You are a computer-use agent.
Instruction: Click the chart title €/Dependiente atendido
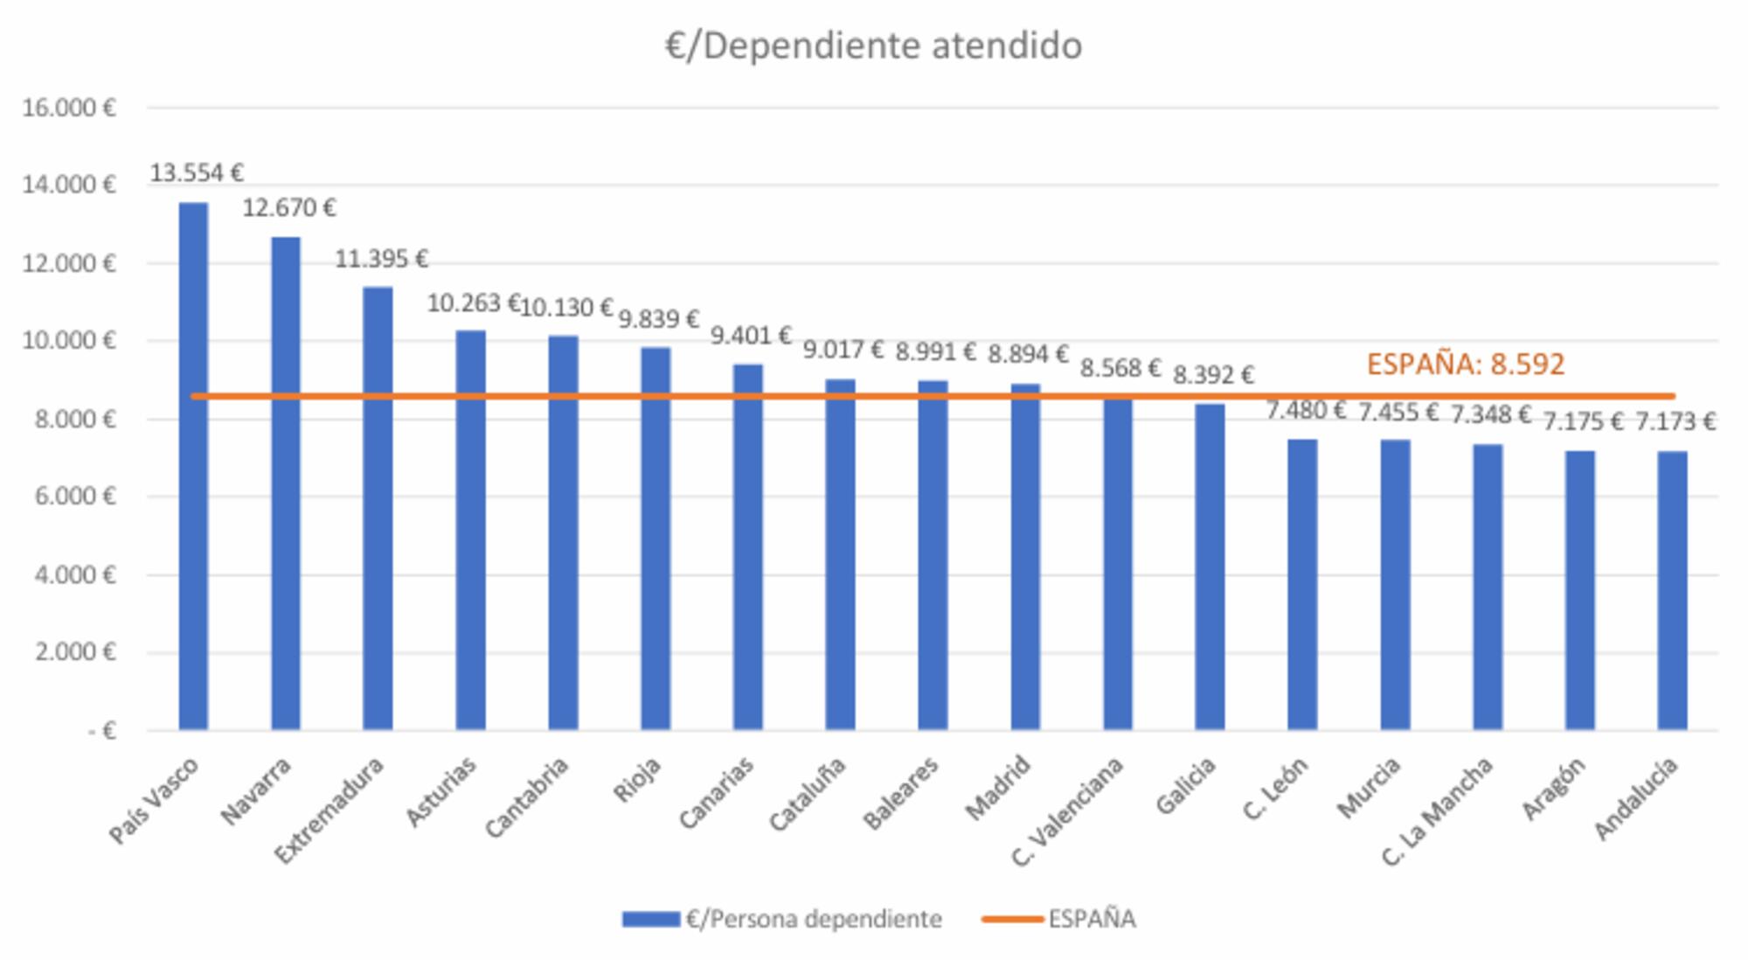(x=873, y=45)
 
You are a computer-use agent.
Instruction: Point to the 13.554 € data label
(x=197, y=173)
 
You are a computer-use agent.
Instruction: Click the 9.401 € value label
(x=751, y=336)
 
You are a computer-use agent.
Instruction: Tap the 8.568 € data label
(x=1120, y=368)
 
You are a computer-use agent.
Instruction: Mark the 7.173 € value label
(x=1675, y=422)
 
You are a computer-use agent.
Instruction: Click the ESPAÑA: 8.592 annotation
(x=1465, y=365)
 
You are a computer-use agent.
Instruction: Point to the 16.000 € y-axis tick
(x=69, y=108)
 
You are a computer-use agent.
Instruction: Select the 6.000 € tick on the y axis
(x=74, y=497)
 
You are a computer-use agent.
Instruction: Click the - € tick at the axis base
(x=101, y=731)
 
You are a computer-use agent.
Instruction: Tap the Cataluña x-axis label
(x=808, y=794)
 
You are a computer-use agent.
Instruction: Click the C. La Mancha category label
(x=1438, y=810)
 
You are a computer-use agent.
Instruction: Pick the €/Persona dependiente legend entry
(x=782, y=919)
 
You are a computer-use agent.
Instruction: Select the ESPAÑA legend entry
(x=1059, y=919)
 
